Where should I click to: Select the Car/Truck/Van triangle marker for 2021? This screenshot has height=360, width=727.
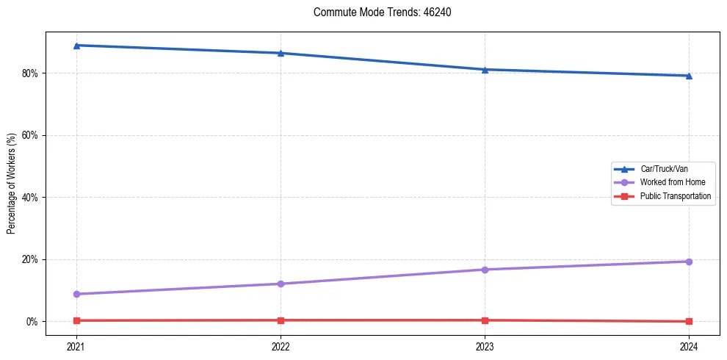coord(76,46)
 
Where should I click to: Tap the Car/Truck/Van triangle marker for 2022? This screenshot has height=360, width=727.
coord(281,53)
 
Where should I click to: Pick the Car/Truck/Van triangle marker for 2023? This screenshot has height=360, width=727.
coord(485,70)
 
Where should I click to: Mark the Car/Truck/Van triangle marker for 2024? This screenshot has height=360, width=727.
coord(689,76)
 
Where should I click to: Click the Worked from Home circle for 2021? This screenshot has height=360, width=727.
coord(76,294)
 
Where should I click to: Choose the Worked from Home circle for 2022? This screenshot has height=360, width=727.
coord(281,284)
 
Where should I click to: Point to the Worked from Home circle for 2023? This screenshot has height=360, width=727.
coord(485,270)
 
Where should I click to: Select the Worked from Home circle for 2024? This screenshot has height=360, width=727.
coord(689,262)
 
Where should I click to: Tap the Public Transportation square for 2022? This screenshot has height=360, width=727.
coord(281,320)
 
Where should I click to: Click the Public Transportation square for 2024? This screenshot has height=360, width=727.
coord(689,321)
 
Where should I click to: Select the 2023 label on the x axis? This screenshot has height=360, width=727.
coord(485,346)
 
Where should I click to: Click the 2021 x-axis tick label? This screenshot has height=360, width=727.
coord(76,346)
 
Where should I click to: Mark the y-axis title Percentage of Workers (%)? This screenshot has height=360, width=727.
coord(12,184)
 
